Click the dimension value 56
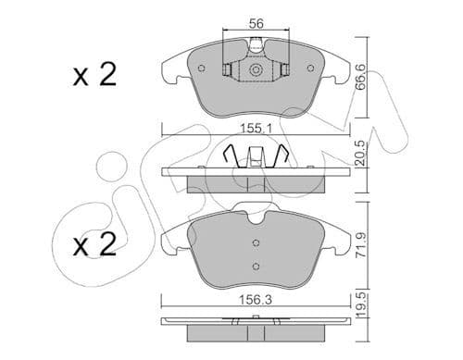(257, 23)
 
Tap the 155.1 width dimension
(257, 129)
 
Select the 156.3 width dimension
(257, 300)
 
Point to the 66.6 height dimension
(360, 77)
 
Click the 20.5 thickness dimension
(360, 154)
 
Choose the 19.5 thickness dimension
(360, 305)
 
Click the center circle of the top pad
(256, 70)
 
